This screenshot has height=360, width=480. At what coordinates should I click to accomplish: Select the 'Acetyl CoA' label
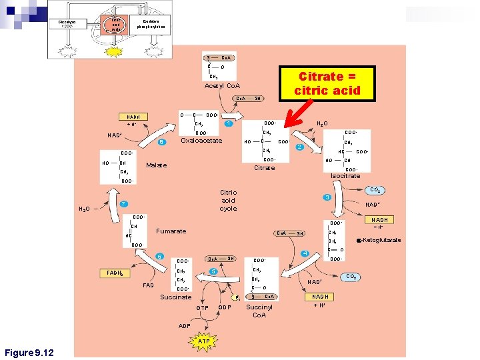(x=223, y=86)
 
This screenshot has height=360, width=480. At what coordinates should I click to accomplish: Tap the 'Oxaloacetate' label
(x=201, y=141)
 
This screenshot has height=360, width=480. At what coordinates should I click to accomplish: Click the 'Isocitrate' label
(x=345, y=176)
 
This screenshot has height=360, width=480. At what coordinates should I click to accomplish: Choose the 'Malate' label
(x=156, y=165)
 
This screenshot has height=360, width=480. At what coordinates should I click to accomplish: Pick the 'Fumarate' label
(x=171, y=231)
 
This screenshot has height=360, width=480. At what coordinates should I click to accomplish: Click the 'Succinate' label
(x=175, y=297)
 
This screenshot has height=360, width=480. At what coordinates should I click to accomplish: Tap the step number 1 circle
(x=229, y=124)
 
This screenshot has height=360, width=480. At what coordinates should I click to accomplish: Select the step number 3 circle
(x=327, y=198)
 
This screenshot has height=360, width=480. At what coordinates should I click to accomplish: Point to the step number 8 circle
(x=161, y=141)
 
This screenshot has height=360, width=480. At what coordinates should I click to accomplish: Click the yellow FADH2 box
(x=114, y=273)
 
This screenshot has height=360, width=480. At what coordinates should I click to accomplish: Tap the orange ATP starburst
(x=204, y=341)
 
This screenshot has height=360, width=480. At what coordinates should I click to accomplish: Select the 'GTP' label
(x=202, y=307)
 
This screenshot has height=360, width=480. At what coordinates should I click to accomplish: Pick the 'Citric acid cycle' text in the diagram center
(x=228, y=200)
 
